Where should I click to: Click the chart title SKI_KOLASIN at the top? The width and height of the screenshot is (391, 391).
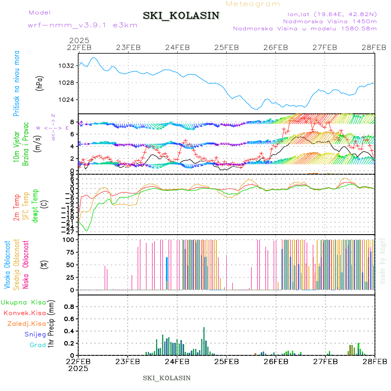[x=181, y=16]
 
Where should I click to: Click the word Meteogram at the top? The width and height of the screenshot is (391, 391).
[x=253, y=4]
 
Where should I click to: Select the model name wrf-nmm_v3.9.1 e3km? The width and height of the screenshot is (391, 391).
[x=83, y=25]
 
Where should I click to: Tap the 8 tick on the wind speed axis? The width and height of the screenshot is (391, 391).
[x=73, y=122]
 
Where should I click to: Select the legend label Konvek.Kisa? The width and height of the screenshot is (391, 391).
[x=24, y=313]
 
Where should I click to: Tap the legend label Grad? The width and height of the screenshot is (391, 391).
[x=37, y=345]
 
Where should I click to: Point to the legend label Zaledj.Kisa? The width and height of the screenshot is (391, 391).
[x=27, y=324]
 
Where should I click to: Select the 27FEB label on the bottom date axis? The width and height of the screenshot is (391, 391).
[x=325, y=361]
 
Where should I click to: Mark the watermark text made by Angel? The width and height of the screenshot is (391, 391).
[x=383, y=261]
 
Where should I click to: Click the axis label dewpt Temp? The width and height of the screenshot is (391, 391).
[x=36, y=205]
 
